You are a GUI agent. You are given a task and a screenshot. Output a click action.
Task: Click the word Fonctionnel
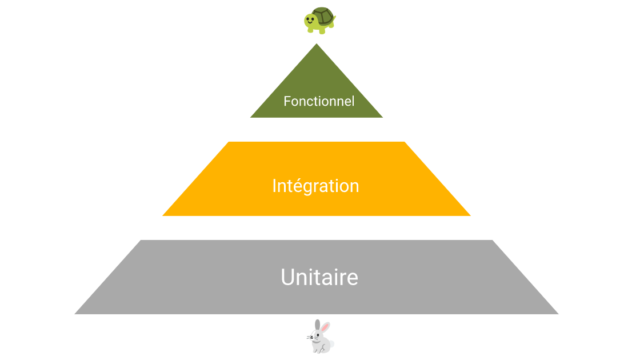319,102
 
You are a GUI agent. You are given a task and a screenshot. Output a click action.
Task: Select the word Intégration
315,186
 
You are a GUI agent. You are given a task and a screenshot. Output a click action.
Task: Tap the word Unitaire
319,277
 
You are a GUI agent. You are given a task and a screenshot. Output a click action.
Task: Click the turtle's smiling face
310,21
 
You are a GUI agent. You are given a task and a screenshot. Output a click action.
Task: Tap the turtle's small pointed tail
334,22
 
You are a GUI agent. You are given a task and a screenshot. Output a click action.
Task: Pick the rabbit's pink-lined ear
325,328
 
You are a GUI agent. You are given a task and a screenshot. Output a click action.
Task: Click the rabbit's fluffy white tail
332,344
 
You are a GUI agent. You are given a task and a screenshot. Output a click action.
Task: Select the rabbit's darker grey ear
317,325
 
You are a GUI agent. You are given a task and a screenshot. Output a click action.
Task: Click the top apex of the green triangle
317,45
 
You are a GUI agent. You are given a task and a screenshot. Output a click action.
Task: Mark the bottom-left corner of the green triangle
251,117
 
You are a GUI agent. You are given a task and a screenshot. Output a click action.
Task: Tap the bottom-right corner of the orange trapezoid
470,215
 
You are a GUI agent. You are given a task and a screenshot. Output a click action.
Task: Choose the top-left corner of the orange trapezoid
229,142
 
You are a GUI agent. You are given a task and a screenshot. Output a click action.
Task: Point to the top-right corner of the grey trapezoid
492,240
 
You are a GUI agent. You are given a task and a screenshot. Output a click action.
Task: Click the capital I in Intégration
274,186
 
